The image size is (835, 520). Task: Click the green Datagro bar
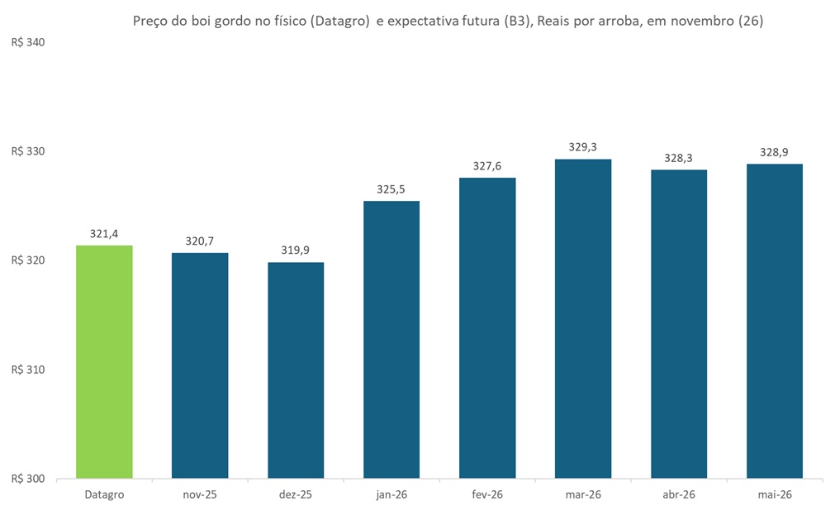pyautogui.click(x=104, y=361)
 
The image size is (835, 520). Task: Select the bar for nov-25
pyautogui.click(x=200, y=365)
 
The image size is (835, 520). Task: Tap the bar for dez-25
pyautogui.click(x=296, y=370)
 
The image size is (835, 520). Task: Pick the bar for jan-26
pyautogui.click(x=391, y=339)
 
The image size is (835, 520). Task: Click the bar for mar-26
pyautogui.click(x=583, y=318)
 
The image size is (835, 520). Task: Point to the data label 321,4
pyautogui.click(x=104, y=234)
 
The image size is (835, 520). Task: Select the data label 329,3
pyautogui.click(x=583, y=147)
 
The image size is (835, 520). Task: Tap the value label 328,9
pyautogui.click(x=775, y=152)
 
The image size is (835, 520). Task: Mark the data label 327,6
pyautogui.click(x=487, y=166)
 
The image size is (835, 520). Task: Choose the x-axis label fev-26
pyautogui.click(x=487, y=494)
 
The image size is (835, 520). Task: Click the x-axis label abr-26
pyautogui.click(x=679, y=494)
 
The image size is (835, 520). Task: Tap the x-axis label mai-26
pyautogui.click(x=775, y=494)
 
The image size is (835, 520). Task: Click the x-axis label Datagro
pyautogui.click(x=104, y=494)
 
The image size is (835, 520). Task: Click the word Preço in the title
pyautogui.click(x=151, y=22)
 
